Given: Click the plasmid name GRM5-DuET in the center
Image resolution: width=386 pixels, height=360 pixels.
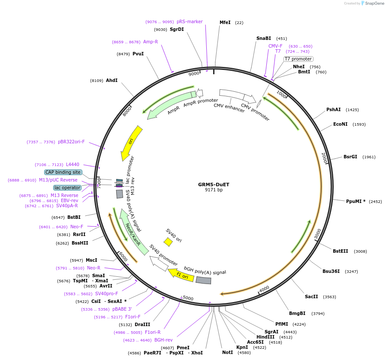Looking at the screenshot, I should click(214, 185).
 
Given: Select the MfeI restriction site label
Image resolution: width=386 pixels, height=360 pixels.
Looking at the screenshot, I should click(225, 22).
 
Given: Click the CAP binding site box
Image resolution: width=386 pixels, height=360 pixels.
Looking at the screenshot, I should click(63, 172).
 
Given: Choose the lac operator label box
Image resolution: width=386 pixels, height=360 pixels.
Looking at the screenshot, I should click(67, 188).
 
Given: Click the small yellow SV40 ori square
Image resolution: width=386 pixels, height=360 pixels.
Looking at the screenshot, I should click(168, 242).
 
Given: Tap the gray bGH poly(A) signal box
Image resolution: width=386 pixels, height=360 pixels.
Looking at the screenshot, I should click(203, 280).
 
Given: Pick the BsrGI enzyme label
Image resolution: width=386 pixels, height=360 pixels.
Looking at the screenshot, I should click(350, 157).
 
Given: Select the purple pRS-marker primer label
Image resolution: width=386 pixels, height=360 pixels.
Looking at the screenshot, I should click(190, 21).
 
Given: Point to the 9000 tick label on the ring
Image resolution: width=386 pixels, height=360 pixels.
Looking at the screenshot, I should click(194, 73).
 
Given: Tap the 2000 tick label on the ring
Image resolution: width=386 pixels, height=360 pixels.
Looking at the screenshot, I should click(324, 157).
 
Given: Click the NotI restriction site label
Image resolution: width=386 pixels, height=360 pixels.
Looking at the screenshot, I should click(227, 352).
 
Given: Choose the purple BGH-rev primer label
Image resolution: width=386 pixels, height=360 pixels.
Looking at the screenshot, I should click(163, 340).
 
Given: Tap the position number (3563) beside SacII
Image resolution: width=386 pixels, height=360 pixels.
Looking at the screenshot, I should click(330, 296).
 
